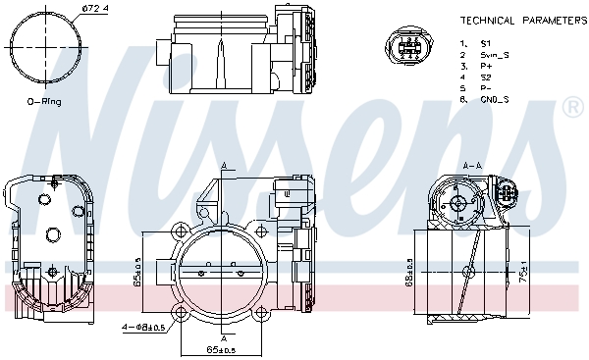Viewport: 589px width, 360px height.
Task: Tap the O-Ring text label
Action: (x=45, y=101)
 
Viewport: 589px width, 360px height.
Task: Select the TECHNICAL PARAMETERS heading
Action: (x=523, y=20)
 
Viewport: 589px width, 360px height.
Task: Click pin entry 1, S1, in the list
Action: (x=477, y=44)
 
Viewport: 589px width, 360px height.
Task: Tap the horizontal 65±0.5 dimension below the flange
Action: (x=223, y=349)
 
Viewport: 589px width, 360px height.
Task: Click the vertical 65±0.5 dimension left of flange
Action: (x=138, y=274)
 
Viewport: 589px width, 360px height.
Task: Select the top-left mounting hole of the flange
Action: (x=180, y=233)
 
